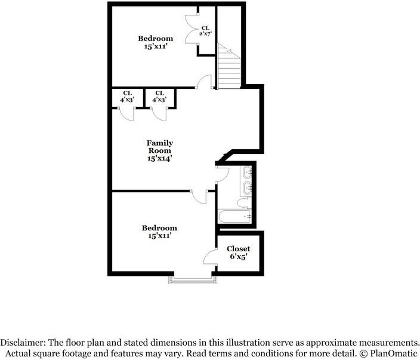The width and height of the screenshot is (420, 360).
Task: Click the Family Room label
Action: [x=160, y=147]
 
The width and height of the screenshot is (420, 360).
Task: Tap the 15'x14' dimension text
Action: [x=160, y=159]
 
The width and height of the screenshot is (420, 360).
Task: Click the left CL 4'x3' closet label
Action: [x=128, y=96]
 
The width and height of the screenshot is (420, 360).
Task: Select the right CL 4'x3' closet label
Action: [x=159, y=96]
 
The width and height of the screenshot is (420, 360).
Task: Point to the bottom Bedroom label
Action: [x=159, y=232]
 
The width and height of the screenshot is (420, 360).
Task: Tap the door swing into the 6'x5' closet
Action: [x=210, y=257]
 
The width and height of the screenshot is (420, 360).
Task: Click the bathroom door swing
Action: [x=222, y=173]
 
